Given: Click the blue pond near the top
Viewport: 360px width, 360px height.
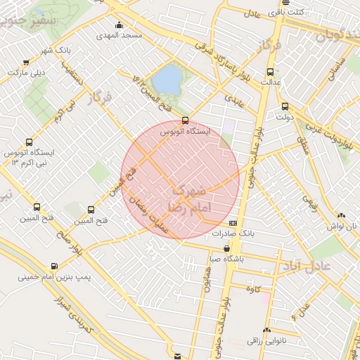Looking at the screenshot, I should point(167,80).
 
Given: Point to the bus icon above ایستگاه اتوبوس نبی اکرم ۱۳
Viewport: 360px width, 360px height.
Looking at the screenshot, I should point(27,141).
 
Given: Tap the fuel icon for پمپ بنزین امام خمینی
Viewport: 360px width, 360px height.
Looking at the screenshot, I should point(54,266).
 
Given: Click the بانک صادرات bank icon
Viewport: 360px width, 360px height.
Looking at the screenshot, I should point(243,223).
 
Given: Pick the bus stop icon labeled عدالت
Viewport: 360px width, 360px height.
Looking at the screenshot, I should point(271,72).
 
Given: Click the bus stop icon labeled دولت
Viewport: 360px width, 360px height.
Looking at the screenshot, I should point(284,107).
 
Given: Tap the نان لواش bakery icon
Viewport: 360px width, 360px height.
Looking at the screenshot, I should point(341,216).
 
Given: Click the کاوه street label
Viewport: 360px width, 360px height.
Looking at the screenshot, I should point(254,289).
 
